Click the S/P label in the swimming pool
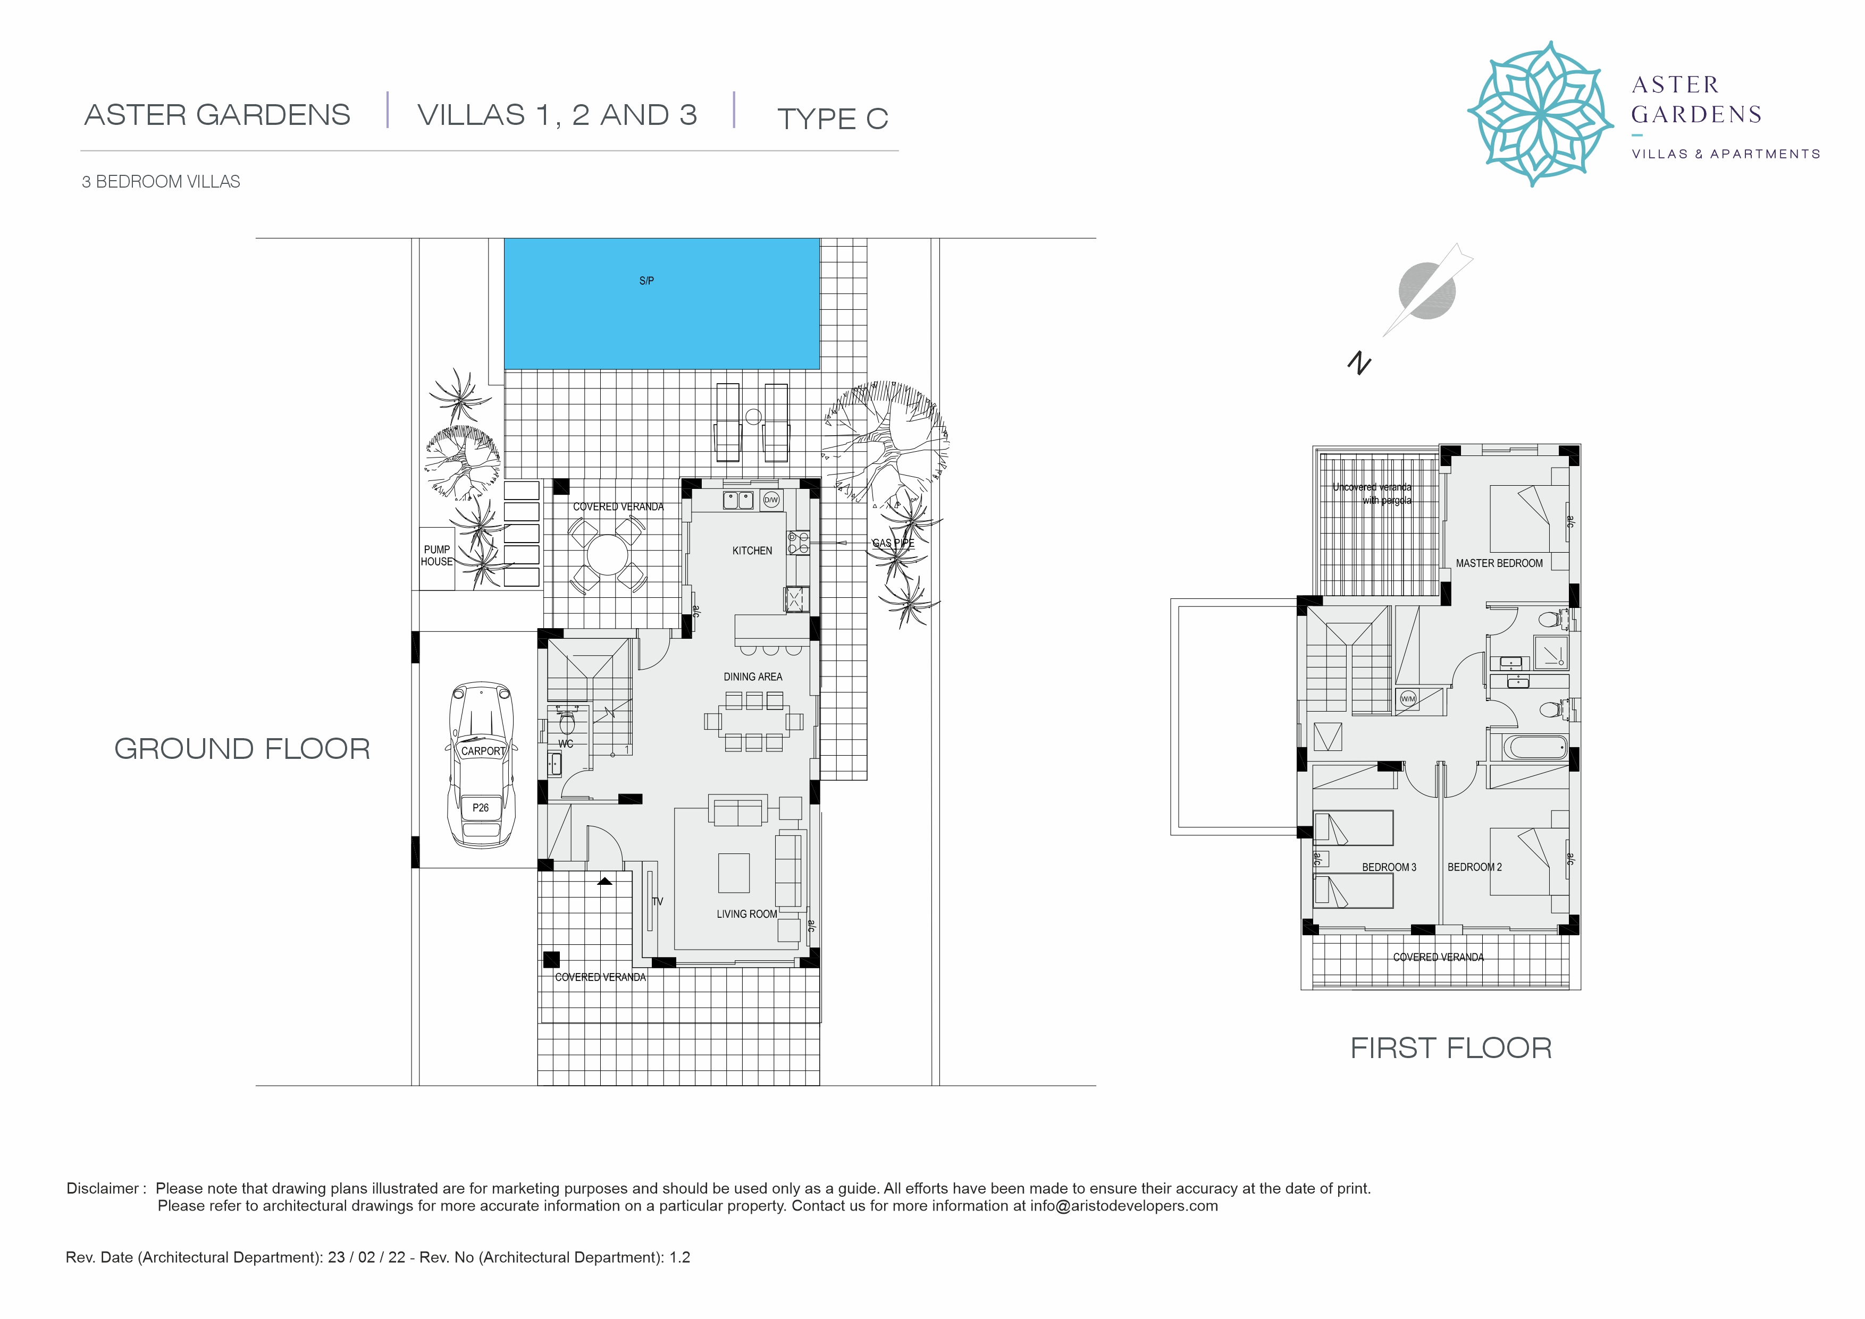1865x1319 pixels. [x=646, y=281]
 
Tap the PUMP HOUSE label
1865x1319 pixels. [x=437, y=555]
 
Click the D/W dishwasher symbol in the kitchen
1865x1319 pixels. [x=771, y=500]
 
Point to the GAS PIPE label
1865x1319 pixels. [x=894, y=543]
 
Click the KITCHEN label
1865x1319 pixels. [x=752, y=551]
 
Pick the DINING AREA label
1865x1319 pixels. [x=753, y=677]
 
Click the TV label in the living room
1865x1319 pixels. [x=658, y=901]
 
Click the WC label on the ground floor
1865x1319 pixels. [x=566, y=744]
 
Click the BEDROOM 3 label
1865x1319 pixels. [x=1389, y=867]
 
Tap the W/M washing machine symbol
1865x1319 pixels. [x=1408, y=698]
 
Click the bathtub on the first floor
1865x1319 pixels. [x=1535, y=747]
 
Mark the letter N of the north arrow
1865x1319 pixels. [x=1359, y=362]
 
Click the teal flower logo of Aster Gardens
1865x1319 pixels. [x=1540, y=114]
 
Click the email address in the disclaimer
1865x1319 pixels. [x=1124, y=1206]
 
